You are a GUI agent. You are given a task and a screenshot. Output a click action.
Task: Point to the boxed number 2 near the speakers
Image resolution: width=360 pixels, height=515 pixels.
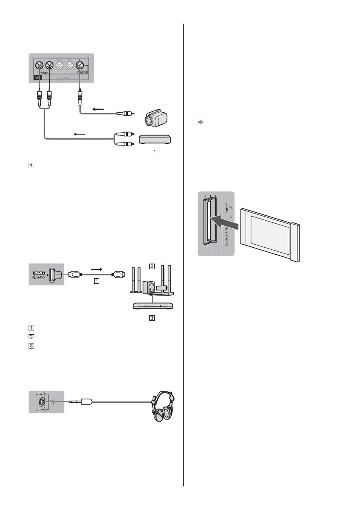tap(153, 266)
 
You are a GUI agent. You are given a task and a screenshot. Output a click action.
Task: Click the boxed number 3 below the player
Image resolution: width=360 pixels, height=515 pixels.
tap(153, 318)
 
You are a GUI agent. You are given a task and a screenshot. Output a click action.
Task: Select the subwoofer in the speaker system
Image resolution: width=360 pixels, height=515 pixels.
tap(148, 288)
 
